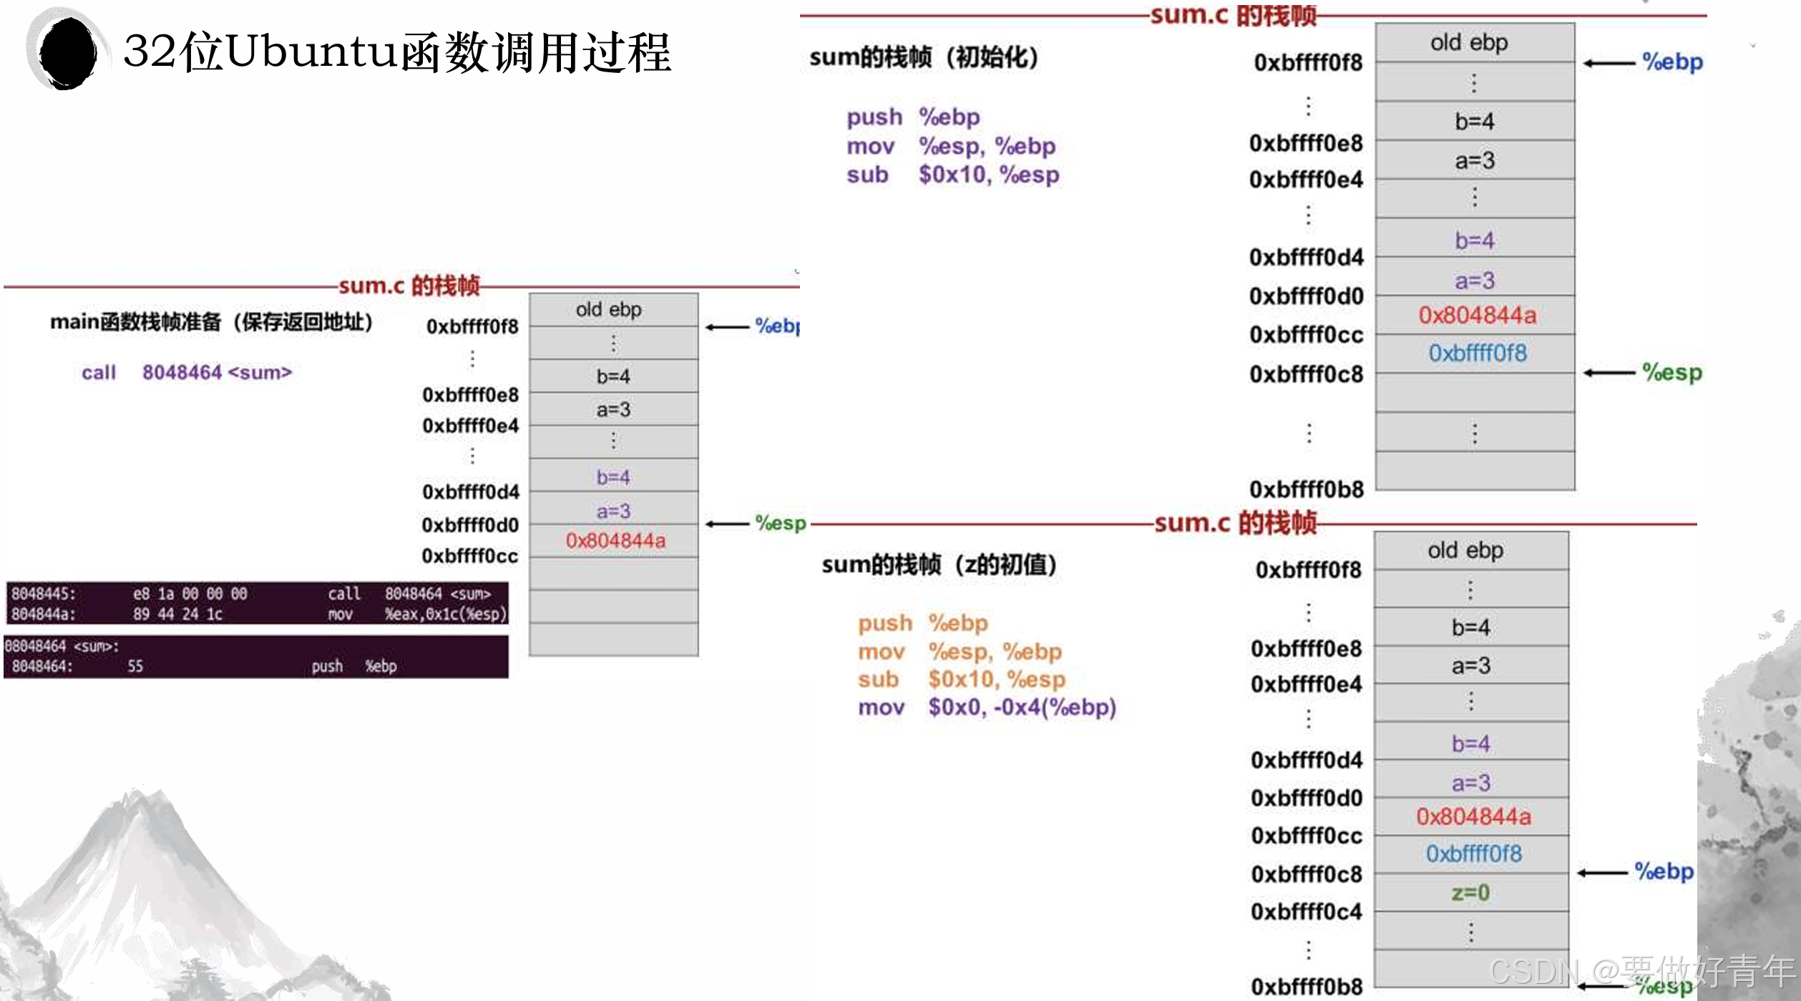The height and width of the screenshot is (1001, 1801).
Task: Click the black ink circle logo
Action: [67, 52]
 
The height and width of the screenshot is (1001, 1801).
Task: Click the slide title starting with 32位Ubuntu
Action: [397, 52]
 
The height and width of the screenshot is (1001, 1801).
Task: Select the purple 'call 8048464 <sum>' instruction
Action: [187, 372]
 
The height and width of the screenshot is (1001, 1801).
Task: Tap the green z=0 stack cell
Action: [1470, 892]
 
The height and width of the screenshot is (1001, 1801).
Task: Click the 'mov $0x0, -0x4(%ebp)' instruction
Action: [987, 707]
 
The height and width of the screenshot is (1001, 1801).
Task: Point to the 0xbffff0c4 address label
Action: [1306, 912]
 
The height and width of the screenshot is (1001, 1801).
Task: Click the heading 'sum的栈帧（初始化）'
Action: [924, 58]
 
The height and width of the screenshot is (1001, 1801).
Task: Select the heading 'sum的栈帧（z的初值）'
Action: [939, 565]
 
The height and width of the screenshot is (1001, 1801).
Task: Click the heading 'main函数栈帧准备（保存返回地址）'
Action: [211, 322]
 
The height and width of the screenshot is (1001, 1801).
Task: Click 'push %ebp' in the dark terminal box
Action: [353, 666]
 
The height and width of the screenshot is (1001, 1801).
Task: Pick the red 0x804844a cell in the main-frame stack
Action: [615, 540]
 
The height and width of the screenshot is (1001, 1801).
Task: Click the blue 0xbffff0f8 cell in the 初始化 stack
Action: [1477, 353]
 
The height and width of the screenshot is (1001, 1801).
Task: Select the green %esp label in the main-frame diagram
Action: [781, 523]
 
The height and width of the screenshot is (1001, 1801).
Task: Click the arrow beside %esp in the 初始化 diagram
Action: [1609, 373]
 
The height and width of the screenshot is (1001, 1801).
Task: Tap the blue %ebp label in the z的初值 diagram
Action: [1664, 871]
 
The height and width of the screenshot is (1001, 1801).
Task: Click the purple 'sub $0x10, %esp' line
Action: [952, 175]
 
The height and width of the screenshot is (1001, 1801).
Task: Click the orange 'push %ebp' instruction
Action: [922, 622]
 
